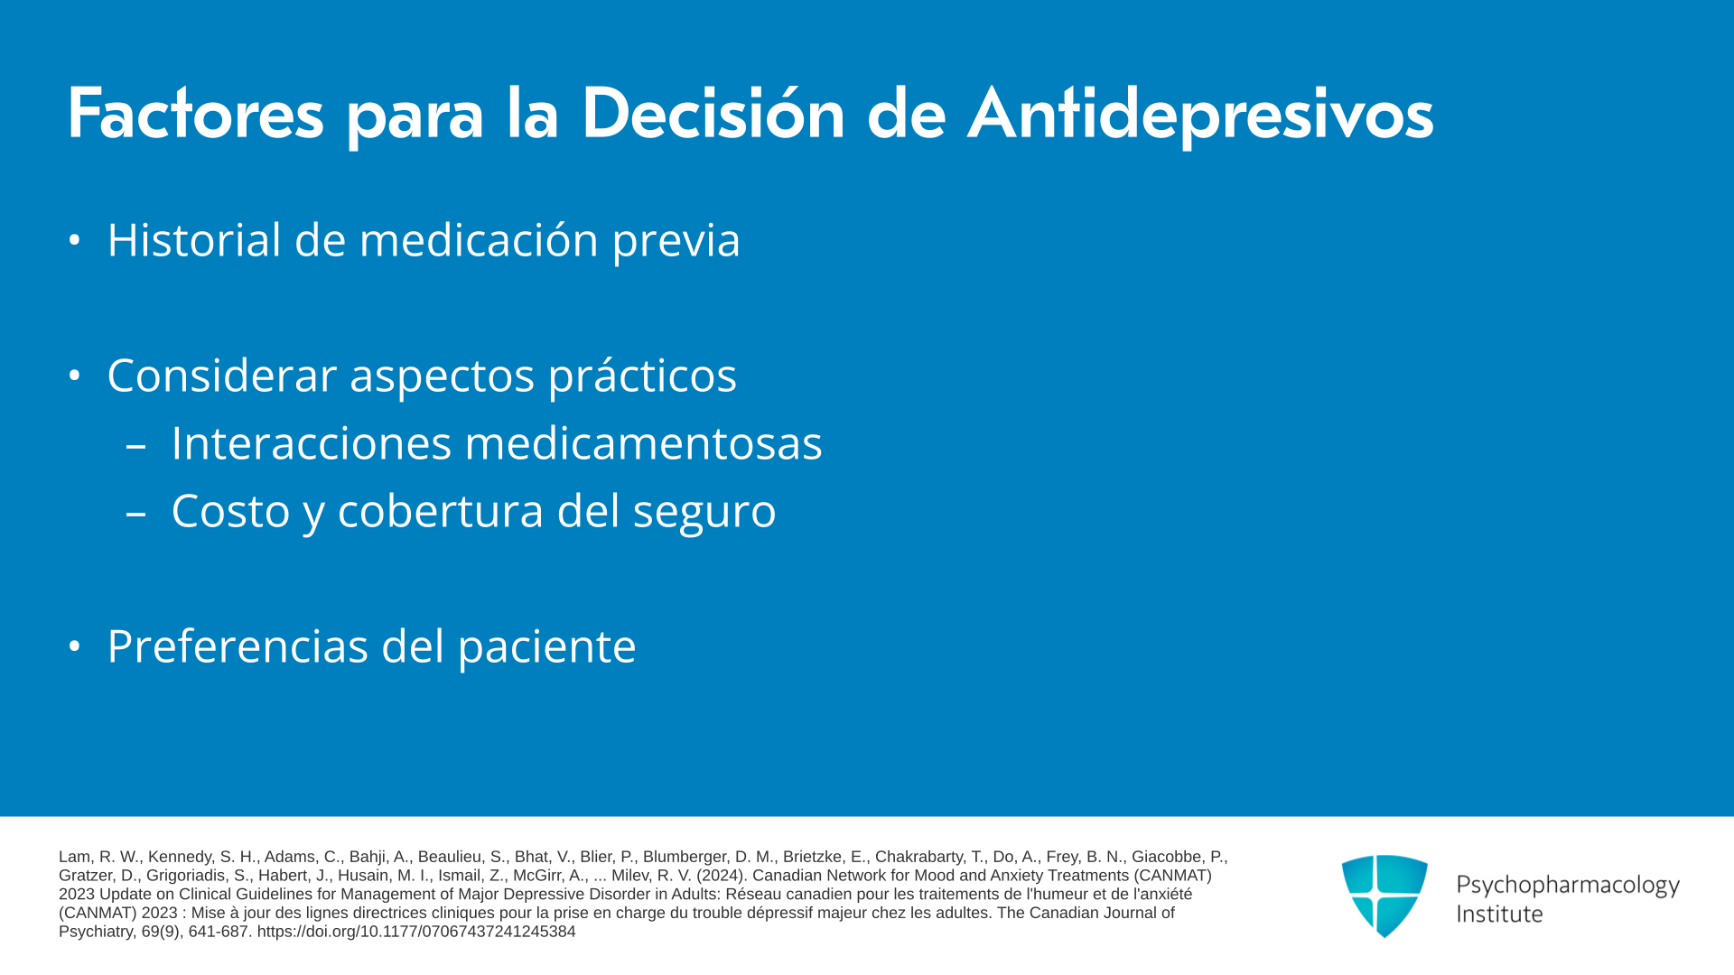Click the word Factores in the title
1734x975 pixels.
[x=195, y=114]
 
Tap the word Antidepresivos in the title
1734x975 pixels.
[x=1200, y=115]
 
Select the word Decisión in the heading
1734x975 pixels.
[x=713, y=114]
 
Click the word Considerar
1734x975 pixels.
[x=221, y=376]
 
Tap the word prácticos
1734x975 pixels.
[x=642, y=376]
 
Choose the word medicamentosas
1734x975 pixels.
[x=643, y=443]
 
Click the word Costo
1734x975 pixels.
[x=230, y=511]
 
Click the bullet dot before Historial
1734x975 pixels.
[x=74, y=240]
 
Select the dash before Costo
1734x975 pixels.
[x=136, y=514]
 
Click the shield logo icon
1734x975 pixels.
[x=1384, y=896]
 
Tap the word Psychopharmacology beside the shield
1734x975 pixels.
[x=1568, y=886]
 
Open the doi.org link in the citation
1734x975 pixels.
[x=416, y=932]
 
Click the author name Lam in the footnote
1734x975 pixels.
[x=74, y=857]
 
